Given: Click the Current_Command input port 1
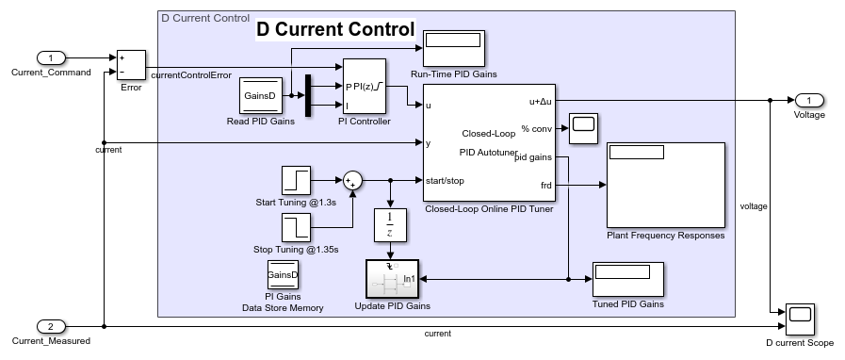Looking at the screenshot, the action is coord(51,57).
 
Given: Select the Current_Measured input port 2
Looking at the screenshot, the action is coord(51,327).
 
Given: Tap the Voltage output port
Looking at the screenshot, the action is coord(809,100).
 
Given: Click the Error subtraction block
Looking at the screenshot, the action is coord(132,65).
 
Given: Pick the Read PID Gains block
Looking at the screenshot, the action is coord(261,96).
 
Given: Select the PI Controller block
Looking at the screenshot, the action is coord(365,86).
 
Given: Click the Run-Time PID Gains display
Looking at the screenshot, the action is coord(454,48).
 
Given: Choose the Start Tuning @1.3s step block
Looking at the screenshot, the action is coord(296,181).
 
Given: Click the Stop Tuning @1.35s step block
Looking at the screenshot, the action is coord(296,227).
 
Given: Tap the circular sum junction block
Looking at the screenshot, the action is coord(352,181).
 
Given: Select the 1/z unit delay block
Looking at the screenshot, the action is coord(390,224).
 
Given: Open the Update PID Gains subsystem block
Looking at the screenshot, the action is coord(392,279).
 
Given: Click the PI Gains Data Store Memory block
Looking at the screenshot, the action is coord(283,275).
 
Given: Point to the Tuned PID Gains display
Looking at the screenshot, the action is coord(627,279).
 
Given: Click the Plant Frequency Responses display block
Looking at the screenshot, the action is coord(666,186).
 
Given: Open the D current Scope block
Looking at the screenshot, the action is coord(800,319).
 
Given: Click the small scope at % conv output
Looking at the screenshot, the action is coord(584,128).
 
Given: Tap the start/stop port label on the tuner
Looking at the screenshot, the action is coord(445,181).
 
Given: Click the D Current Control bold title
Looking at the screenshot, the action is coord(335,29).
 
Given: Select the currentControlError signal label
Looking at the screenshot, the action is coord(191,75).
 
